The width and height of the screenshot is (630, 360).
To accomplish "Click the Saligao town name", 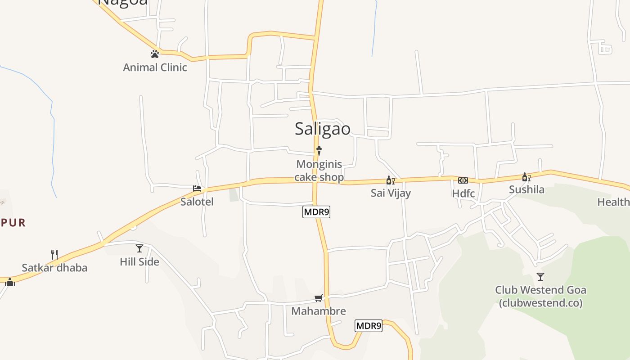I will pos(322,129).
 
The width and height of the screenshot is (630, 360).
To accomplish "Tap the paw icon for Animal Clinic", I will pos(155,54).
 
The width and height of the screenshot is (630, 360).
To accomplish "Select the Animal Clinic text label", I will pos(155,67).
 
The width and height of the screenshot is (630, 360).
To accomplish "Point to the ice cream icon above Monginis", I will pos(319,150).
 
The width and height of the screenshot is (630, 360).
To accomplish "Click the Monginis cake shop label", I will pos(319,171).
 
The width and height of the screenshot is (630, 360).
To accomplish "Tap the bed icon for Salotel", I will pos(197,188).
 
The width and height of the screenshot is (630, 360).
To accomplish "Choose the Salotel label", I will pos(197,202).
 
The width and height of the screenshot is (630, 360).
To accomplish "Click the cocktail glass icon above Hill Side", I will pos(139,248).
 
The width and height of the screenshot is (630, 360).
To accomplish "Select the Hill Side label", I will pos(139,261).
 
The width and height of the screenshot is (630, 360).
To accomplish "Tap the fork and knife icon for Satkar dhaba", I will pos(54,255).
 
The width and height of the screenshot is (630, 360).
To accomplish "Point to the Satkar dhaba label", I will pos(54,268).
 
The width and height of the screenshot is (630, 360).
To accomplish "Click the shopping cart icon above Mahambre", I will pos(319,298).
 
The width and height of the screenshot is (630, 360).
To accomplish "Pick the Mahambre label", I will pos(319,311).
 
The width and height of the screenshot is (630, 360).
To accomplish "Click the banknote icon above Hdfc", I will pos(463,180).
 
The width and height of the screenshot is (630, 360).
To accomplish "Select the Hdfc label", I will pos(463,193).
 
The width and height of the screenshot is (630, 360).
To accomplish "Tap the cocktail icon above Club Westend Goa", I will pos(540,277).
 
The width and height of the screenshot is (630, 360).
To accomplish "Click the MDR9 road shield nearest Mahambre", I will pos(369,326).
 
